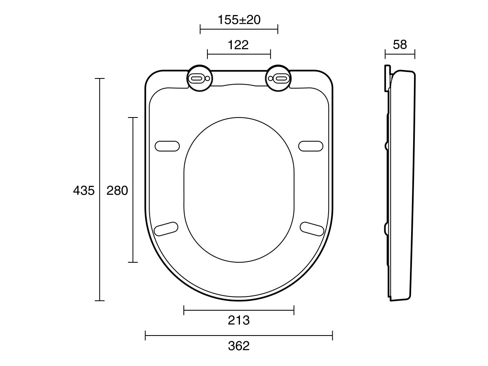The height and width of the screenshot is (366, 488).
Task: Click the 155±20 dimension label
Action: (x=239, y=20)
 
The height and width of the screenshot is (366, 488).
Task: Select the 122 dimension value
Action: (x=238, y=45)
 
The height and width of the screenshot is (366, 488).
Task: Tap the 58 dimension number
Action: (x=400, y=45)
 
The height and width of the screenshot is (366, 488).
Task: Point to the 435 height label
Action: (x=83, y=190)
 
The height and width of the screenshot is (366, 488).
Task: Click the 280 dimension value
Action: (x=117, y=190)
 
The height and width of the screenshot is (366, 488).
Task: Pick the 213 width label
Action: (x=239, y=320)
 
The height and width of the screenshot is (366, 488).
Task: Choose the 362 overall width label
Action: (x=239, y=346)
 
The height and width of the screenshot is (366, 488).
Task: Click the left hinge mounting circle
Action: (x=199, y=78)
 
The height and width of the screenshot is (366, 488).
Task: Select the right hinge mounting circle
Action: (x=279, y=78)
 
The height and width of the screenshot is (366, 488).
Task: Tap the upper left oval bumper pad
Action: (x=167, y=146)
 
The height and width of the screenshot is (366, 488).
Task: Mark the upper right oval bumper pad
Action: (x=311, y=146)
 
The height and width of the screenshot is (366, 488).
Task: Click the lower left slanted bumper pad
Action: (x=167, y=228)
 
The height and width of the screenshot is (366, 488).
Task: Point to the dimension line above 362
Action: (x=239, y=335)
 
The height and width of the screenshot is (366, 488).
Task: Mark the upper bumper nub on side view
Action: (x=386, y=145)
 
